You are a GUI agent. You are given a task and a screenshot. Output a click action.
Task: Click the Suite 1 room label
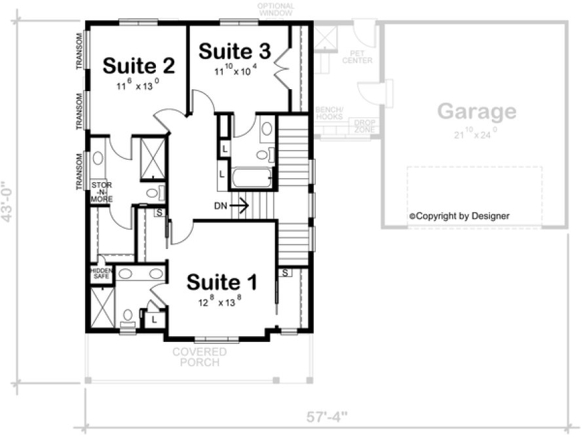221,282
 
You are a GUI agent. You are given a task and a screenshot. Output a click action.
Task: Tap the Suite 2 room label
139,66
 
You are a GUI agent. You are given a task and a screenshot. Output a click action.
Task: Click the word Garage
476,111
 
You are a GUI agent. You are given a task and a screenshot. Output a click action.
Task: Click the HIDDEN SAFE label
101,273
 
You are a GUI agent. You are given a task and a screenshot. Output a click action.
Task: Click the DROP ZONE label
364,126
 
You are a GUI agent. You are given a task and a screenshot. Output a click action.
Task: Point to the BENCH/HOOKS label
329,113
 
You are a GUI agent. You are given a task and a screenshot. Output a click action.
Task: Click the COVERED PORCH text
200,357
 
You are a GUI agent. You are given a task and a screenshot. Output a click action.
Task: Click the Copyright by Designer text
459,216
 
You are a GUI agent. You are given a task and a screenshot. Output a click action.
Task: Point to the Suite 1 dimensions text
221,303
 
